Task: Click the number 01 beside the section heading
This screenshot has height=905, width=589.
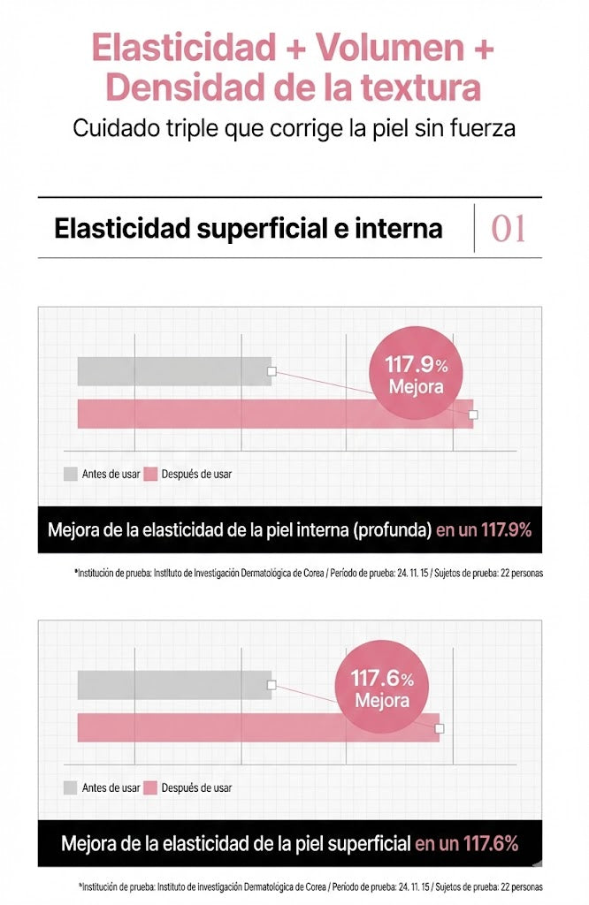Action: pos(509,229)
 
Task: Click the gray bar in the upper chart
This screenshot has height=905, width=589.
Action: pos(174,372)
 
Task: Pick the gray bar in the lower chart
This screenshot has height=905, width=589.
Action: pos(174,685)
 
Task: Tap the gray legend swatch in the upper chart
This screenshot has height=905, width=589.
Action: pos(70,474)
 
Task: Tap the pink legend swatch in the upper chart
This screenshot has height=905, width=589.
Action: pos(150,474)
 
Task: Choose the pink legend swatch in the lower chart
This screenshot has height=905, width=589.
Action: pos(150,787)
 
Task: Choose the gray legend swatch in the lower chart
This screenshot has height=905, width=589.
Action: pos(70,787)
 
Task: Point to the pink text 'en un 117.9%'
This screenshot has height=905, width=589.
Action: pos(483,530)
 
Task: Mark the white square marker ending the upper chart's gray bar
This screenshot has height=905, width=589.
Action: pos(272,372)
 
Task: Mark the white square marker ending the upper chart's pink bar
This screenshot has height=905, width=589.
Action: pos(473,414)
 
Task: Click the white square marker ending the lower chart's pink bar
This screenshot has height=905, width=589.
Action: pos(440,727)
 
